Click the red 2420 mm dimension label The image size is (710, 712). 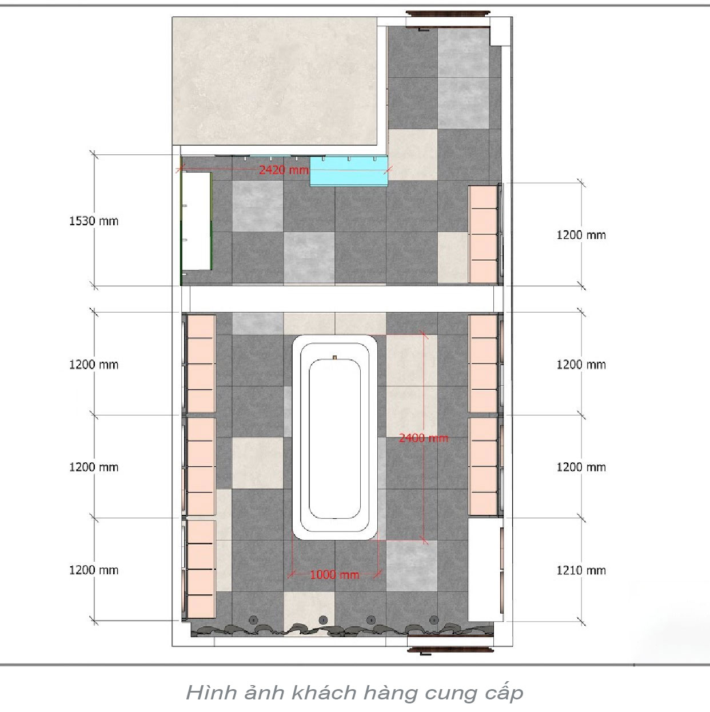284,170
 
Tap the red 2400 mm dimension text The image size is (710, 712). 424,438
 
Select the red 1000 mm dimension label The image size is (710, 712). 334,574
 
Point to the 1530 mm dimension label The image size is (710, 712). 94,221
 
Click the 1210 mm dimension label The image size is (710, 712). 581,570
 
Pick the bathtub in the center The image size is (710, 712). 334,438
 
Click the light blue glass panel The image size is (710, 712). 349,171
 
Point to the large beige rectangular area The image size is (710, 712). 275,81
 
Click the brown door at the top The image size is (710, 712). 448,14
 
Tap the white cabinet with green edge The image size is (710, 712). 196,221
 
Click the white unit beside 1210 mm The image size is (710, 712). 485,569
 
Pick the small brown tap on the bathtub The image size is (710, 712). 334,357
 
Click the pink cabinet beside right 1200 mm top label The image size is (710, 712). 483,234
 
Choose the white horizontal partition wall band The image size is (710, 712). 342,299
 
